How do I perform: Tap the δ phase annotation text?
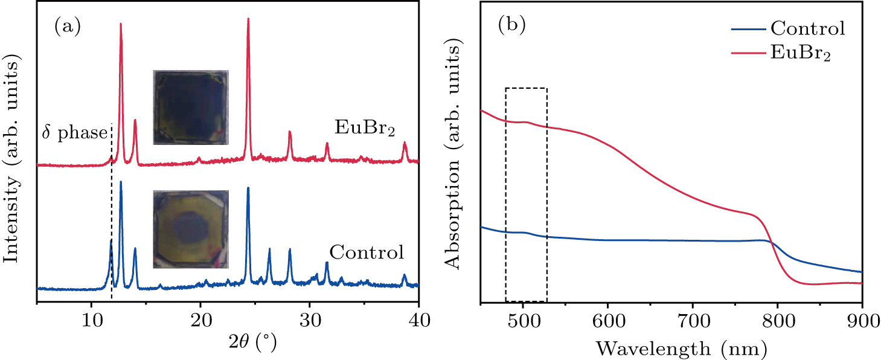click(x=74, y=133)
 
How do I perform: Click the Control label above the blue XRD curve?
click(x=367, y=252)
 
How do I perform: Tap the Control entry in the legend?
click(x=806, y=28)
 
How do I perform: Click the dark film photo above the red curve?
click(x=191, y=108)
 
